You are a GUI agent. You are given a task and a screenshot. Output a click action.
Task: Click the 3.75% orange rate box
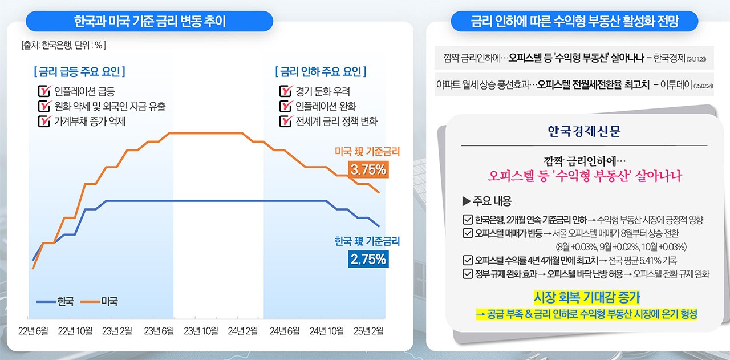(368, 169)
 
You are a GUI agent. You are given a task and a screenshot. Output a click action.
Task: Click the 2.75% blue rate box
(368, 259)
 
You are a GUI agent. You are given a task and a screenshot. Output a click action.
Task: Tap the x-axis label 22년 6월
(33, 331)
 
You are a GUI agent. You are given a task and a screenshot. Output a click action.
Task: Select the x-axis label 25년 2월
(368, 331)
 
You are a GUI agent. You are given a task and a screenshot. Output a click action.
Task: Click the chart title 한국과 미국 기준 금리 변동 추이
(149, 22)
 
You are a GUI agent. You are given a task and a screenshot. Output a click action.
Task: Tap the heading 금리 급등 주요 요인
(79, 72)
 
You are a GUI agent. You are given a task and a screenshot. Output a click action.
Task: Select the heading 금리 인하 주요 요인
(321, 72)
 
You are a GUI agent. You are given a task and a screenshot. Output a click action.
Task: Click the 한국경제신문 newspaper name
(583, 132)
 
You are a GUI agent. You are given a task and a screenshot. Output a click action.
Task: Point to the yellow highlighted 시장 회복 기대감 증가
(586, 297)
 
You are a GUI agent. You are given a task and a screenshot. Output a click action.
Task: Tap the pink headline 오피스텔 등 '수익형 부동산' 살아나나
(586, 176)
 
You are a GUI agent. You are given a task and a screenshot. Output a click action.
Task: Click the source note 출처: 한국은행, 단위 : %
(63, 44)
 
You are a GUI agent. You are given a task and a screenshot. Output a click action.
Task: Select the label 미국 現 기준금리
(367, 152)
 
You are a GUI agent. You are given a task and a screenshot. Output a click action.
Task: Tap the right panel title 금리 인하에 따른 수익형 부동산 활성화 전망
(575, 22)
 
